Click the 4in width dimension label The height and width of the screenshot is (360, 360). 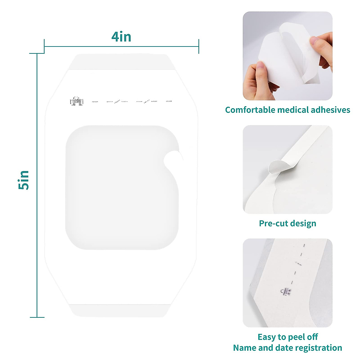click(x=121, y=37)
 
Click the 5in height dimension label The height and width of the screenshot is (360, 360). click(x=24, y=180)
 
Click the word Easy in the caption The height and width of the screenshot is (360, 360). click(x=266, y=337)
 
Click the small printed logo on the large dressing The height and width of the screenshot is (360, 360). click(x=76, y=101)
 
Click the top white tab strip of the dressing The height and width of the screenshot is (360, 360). click(x=121, y=62)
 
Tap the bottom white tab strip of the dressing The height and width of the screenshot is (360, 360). click(x=121, y=310)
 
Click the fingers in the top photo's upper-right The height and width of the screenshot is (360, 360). click(x=322, y=45)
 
